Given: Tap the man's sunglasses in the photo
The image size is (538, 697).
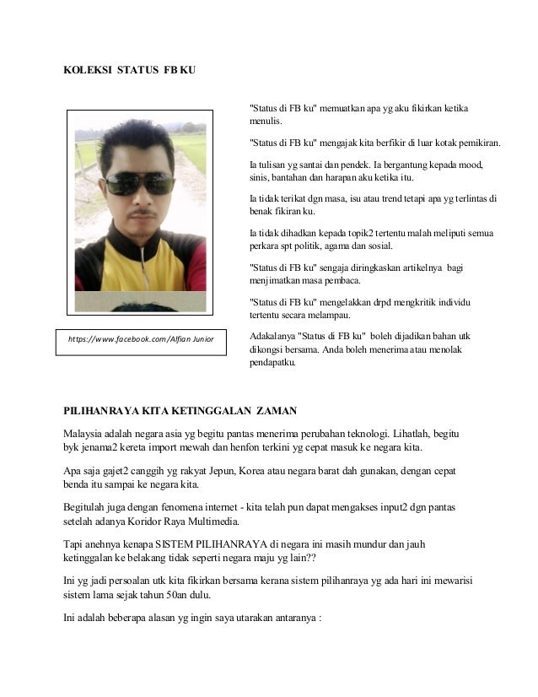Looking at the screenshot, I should pos(139,182).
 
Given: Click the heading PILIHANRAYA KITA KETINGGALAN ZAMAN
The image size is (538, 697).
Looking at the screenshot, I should pos(180,411).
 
